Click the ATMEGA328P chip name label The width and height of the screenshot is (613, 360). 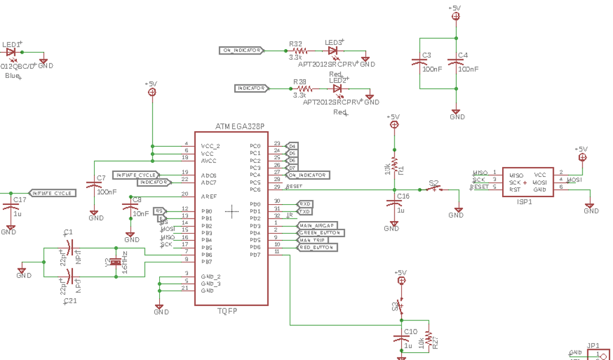239,126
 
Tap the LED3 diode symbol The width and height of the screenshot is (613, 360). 333,51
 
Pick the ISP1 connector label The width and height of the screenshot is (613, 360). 524,202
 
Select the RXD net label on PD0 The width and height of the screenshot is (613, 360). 305,204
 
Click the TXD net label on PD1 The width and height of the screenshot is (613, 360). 305,211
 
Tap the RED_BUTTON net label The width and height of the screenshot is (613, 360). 317,247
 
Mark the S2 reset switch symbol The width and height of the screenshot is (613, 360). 436,189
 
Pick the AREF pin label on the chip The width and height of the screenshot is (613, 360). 208,196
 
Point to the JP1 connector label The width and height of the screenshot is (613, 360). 593,346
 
